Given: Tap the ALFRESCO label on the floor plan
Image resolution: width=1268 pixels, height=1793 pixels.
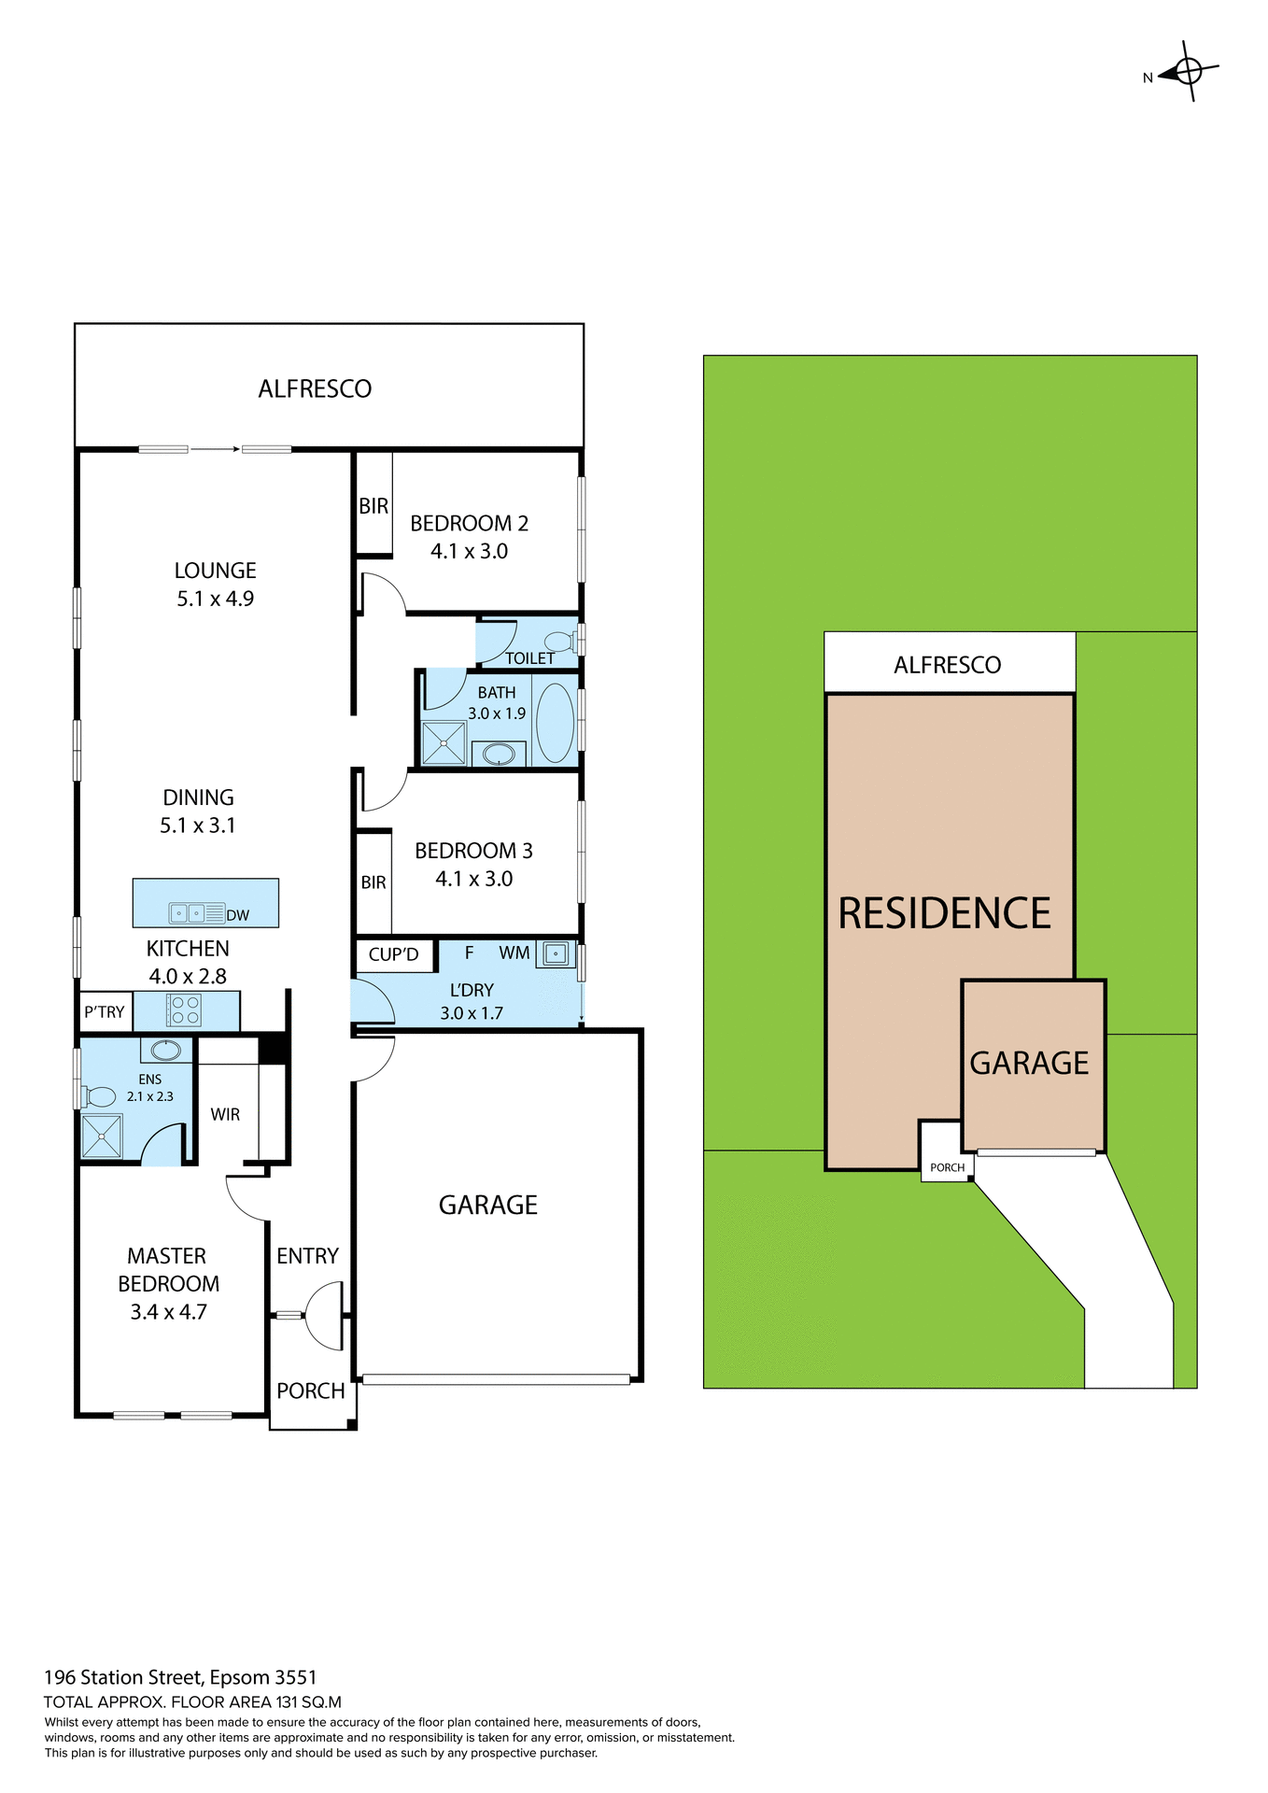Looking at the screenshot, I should (x=315, y=388).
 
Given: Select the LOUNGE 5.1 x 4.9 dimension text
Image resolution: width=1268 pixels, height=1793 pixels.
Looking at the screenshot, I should (x=215, y=599).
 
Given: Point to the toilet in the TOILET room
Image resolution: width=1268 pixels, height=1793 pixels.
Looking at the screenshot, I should (x=559, y=641).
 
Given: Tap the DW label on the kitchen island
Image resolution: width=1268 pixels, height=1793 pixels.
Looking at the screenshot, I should (x=238, y=915).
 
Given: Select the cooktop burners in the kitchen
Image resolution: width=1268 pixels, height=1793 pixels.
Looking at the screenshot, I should (x=185, y=1010).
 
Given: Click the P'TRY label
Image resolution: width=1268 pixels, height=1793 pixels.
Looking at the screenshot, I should (x=104, y=1011).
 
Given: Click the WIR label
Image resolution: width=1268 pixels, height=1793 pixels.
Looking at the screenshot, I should (x=225, y=1114).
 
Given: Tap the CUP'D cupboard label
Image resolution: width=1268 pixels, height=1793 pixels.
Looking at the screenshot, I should (x=393, y=954).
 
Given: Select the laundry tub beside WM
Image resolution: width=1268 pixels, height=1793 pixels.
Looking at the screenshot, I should (x=556, y=953).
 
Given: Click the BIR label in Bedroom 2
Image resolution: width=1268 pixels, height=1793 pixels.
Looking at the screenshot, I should (x=373, y=505).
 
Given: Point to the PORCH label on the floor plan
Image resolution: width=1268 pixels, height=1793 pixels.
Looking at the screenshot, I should (x=311, y=1391).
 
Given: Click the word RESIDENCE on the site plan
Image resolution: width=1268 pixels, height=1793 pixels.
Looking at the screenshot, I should (x=944, y=912).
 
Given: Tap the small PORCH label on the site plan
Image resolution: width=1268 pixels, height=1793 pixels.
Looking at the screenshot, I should (x=947, y=1167).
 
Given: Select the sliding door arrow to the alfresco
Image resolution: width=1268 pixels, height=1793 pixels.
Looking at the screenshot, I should (x=216, y=449).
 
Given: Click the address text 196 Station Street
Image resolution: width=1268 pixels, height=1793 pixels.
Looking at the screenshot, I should (x=180, y=1677).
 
